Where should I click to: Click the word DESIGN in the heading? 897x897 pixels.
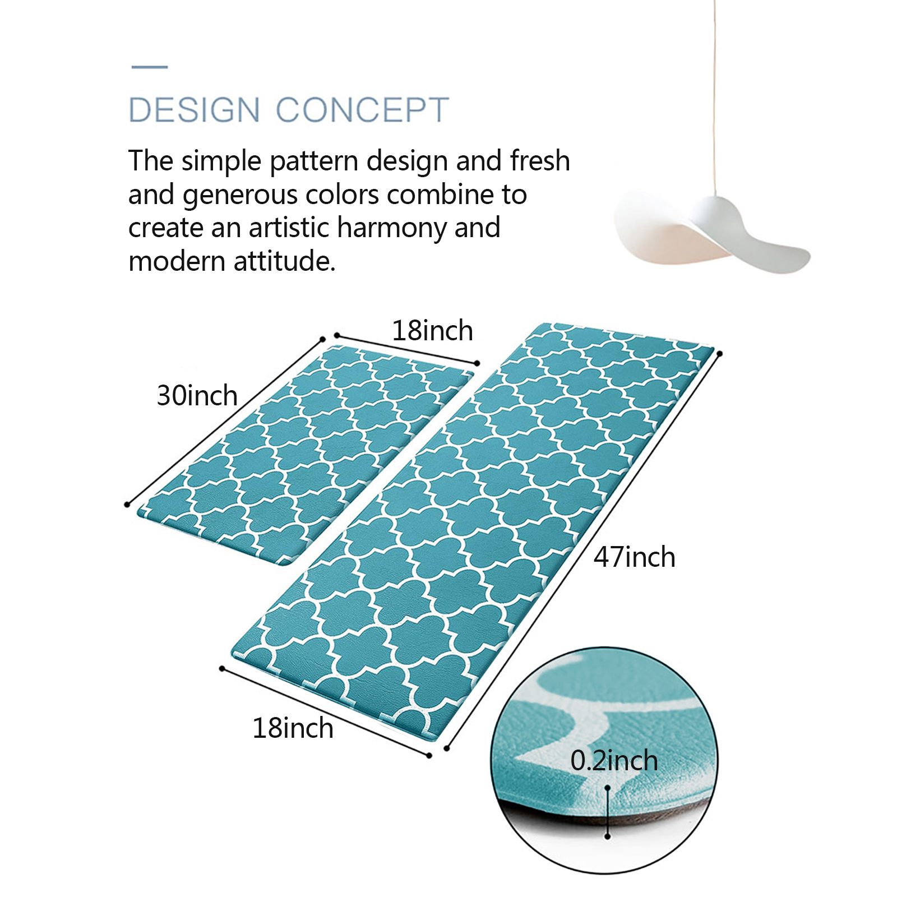tap(194, 109)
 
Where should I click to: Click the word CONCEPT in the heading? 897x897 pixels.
tap(363, 109)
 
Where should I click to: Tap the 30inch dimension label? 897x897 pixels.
tap(197, 395)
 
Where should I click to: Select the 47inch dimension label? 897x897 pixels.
tap(635, 557)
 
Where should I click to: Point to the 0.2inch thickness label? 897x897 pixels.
tap(614, 761)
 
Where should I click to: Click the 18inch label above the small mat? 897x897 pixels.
tap(432, 330)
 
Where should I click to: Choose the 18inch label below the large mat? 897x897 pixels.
tap(293, 728)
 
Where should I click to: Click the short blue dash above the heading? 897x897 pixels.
tap(150, 67)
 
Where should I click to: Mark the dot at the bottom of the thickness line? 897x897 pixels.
tap(608, 836)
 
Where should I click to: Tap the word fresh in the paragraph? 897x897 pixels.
tap(540, 160)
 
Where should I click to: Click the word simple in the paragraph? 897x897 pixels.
tap(221, 161)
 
